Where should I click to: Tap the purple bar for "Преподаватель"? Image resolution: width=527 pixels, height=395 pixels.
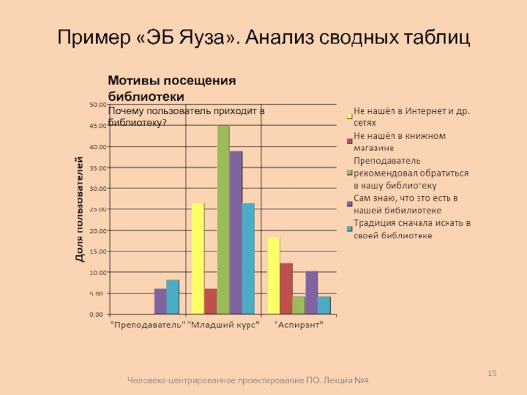click(160, 301)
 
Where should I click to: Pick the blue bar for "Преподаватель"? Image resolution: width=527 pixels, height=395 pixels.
click(173, 297)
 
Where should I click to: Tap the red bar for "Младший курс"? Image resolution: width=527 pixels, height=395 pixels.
click(210, 301)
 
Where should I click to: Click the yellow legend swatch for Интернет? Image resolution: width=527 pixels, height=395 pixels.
click(349, 117)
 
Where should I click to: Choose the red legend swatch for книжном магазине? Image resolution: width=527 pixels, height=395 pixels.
click(349, 141)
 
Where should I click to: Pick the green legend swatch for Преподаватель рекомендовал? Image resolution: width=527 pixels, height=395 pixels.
click(349, 173)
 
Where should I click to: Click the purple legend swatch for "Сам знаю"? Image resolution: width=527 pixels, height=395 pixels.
click(349, 203)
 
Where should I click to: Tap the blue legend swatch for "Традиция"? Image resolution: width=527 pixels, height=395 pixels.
click(349, 229)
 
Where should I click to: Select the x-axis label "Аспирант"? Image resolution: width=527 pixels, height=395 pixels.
click(298, 325)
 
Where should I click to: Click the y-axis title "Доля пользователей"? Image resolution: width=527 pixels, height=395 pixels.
click(80, 209)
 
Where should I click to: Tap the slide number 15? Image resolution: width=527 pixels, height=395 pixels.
click(491, 374)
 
